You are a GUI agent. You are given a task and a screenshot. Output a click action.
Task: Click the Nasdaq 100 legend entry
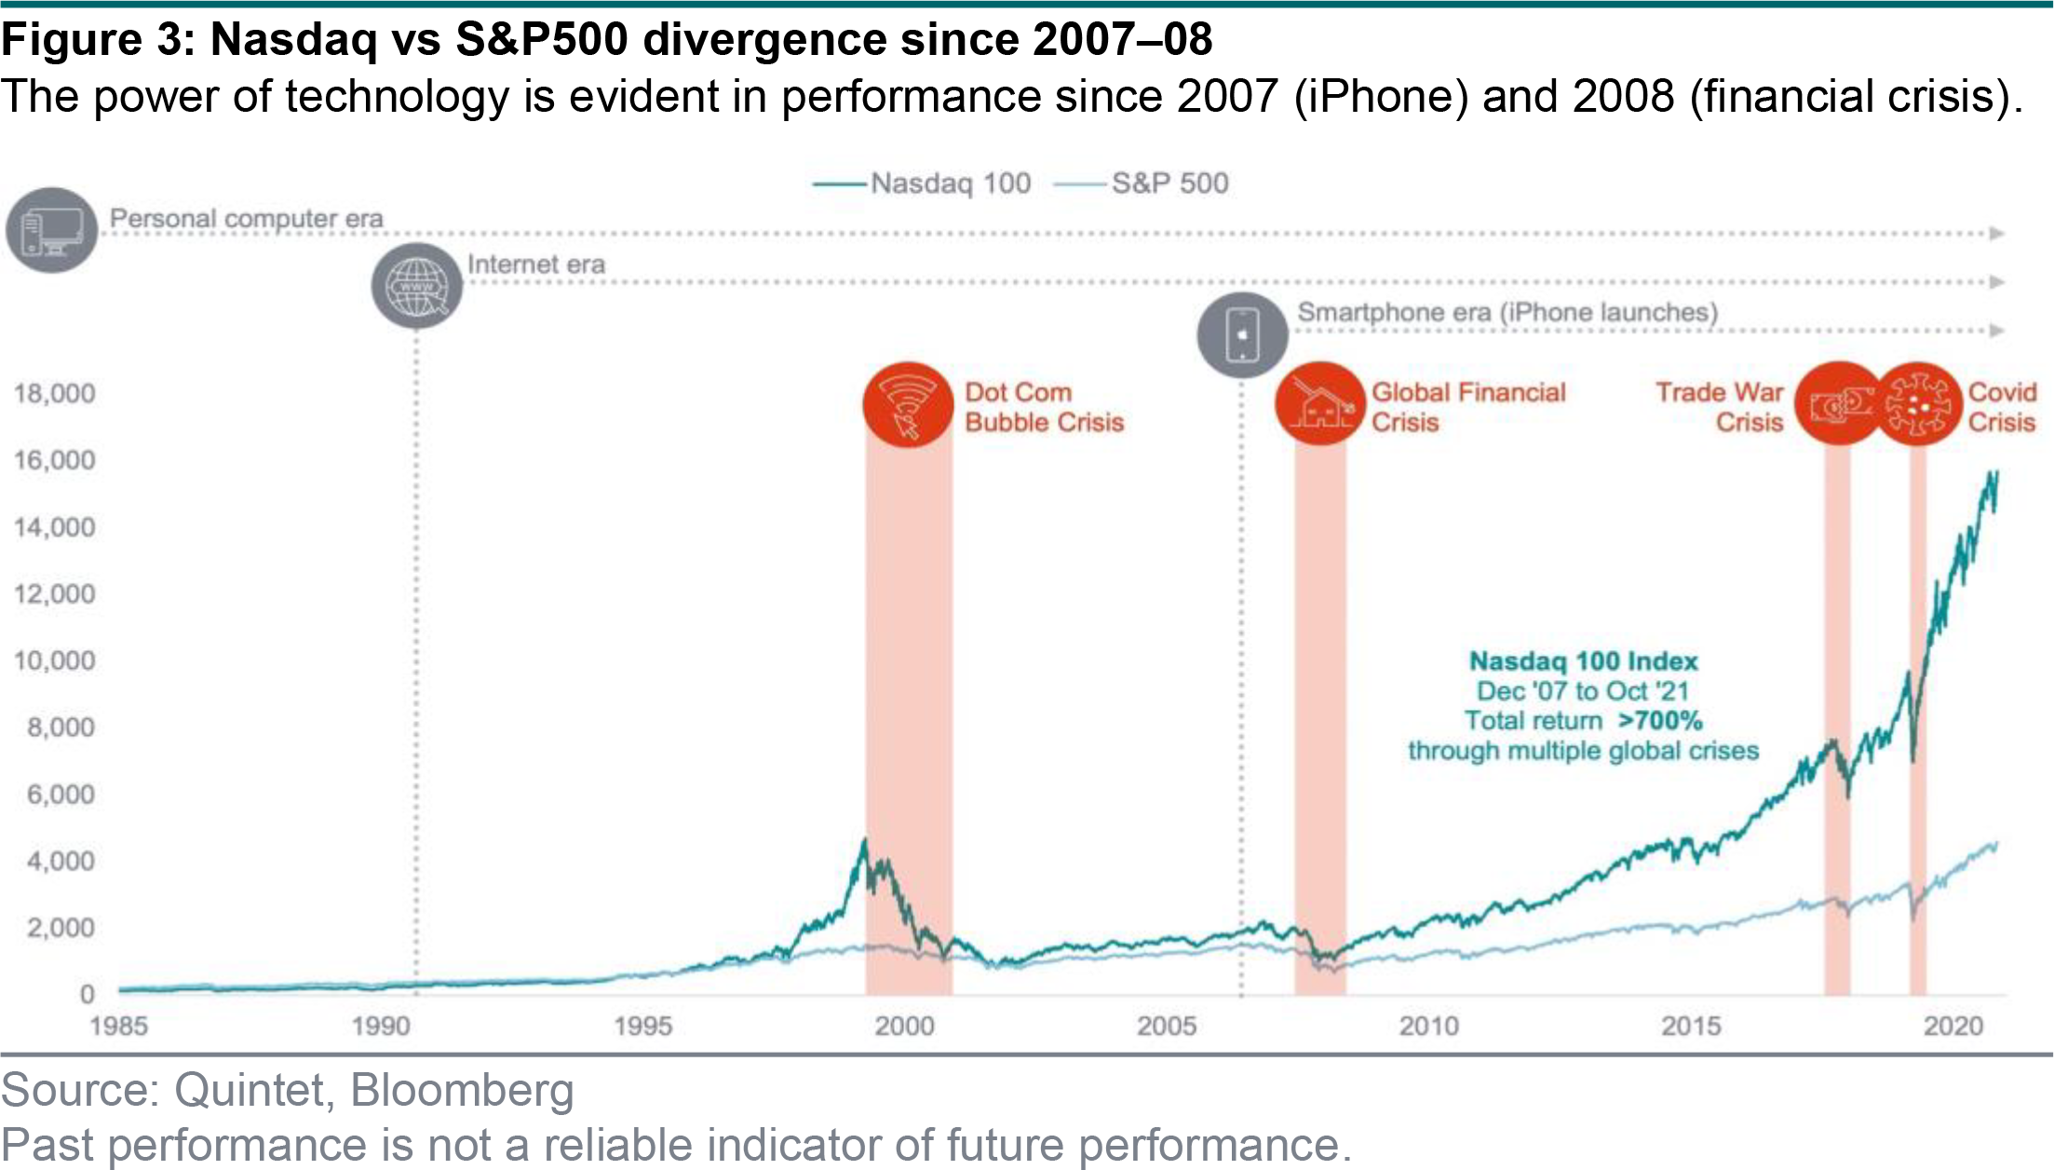pos(922,184)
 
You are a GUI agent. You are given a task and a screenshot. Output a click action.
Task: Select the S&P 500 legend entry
pos(1142,184)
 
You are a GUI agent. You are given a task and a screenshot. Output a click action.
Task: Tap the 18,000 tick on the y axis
pos(54,393)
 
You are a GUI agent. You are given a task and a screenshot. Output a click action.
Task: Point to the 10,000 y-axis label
pos(54,660)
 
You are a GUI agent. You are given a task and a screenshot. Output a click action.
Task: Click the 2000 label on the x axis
pos(904,1026)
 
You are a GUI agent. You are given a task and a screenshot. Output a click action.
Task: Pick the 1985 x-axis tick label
pos(118,1026)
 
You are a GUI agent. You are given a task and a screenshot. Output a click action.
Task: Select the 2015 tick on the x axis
pos(1691,1026)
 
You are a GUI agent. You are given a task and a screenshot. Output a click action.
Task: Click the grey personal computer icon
pos(52,230)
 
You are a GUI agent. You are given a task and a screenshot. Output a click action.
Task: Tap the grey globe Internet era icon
pos(417,286)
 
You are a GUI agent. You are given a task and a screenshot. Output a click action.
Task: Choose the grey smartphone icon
pos(1242,335)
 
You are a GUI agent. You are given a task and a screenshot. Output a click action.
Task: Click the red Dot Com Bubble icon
pos(908,405)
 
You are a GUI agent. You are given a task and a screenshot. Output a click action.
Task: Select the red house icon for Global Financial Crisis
pos(1319,403)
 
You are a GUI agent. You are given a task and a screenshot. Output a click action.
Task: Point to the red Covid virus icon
pos(1916,403)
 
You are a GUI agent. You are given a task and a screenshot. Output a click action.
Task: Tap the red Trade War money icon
pos(1838,403)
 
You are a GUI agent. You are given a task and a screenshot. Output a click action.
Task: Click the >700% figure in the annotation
pos(1660,721)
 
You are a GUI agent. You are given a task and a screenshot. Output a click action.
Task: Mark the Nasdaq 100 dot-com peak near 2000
pos(864,839)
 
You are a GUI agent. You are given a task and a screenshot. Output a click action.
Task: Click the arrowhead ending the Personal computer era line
pos(1996,233)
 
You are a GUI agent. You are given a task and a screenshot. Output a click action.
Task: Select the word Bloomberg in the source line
pos(462,1090)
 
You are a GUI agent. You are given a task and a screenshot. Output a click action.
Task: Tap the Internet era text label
pos(536,265)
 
